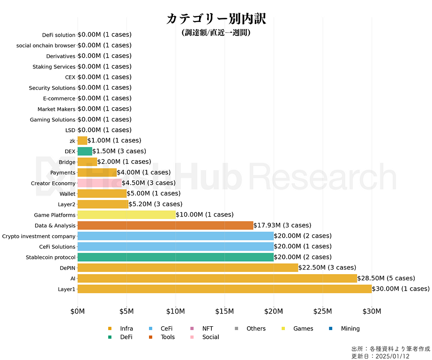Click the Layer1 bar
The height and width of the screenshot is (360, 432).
point(224,289)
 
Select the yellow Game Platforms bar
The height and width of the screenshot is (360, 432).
point(127,215)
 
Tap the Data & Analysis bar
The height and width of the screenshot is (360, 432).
point(165,225)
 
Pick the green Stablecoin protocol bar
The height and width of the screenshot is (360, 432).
point(175,257)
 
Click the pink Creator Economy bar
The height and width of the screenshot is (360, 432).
point(99,183)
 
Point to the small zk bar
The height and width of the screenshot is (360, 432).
point(82,141)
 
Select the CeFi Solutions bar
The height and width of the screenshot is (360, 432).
point(175,247)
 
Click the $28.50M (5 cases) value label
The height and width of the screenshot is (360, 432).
point(386,278)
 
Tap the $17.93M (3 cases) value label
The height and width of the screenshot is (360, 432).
point(282,225)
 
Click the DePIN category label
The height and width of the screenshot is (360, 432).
point(66,268)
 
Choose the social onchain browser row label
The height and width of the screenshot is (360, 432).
point(45,45)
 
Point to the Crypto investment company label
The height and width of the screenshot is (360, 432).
point(38,236)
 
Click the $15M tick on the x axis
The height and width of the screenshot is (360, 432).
point(224,311)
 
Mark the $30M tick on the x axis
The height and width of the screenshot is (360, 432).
point(372,311)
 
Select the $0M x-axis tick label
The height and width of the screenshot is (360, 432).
point(77,311)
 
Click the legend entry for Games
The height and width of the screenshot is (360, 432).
point(303,329)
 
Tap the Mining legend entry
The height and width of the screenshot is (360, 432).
point(350,329)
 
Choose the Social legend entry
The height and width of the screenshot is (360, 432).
point(210,337)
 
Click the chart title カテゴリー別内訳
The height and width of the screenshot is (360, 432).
point(216,19)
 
